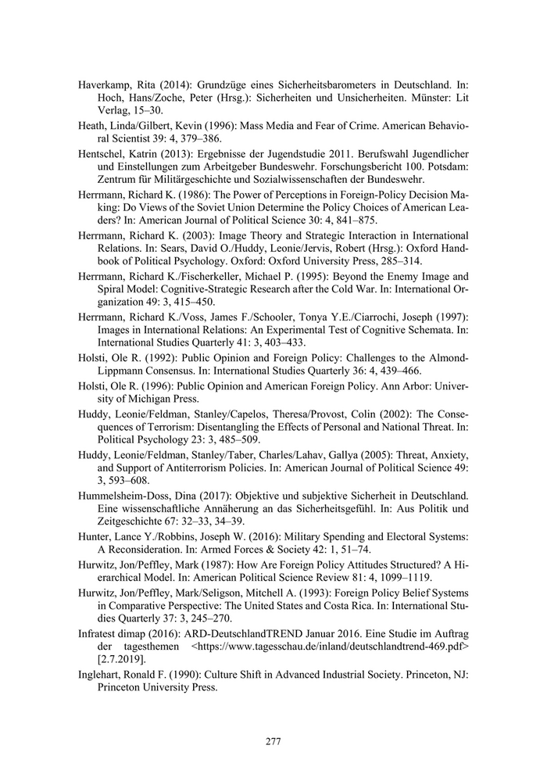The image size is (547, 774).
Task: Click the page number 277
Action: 273,741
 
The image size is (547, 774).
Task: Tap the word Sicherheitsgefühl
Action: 387,508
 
